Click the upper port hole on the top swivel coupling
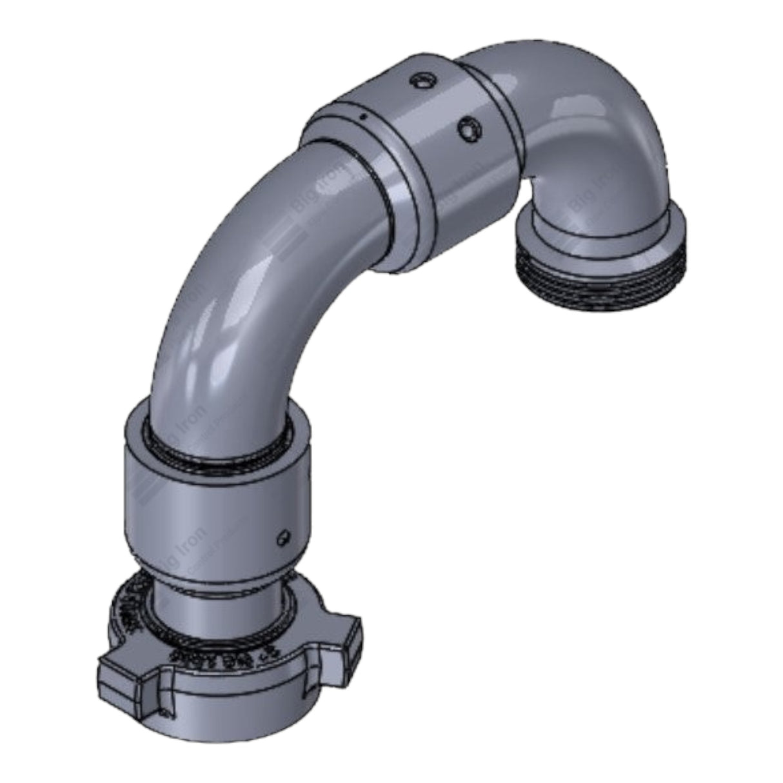tap(422, 81)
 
